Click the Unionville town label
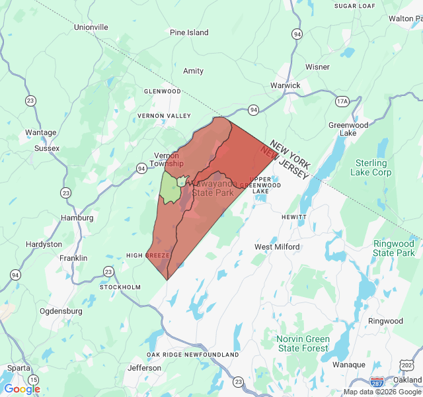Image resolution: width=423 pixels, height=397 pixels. (91, 27)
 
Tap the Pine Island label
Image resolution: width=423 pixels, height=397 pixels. (189, 32)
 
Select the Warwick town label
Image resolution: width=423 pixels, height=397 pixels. (286, 85)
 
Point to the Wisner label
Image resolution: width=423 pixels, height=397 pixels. (317, 67)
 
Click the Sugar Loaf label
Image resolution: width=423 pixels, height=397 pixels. (355, 6)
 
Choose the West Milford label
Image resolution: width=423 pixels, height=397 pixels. (277, 247)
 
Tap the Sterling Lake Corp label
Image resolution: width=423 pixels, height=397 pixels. (373, 167)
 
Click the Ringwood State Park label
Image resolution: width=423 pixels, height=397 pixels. (394, 248)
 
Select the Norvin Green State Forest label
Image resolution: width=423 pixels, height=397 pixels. (303, 343)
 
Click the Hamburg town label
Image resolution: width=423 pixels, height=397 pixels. (77, 218)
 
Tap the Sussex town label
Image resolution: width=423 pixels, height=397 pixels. (47, 148)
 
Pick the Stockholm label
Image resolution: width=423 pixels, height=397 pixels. (120, 287)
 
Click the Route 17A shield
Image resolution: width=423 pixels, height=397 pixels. (342, 101)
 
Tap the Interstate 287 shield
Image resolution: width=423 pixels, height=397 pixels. (377, 382)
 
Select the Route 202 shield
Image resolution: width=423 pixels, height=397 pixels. (406, 365)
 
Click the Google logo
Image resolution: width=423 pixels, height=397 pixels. (22, 389)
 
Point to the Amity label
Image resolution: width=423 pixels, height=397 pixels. (194, 71)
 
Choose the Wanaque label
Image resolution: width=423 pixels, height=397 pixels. (349, 365)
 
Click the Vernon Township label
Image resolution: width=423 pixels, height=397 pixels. (166, 159)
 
